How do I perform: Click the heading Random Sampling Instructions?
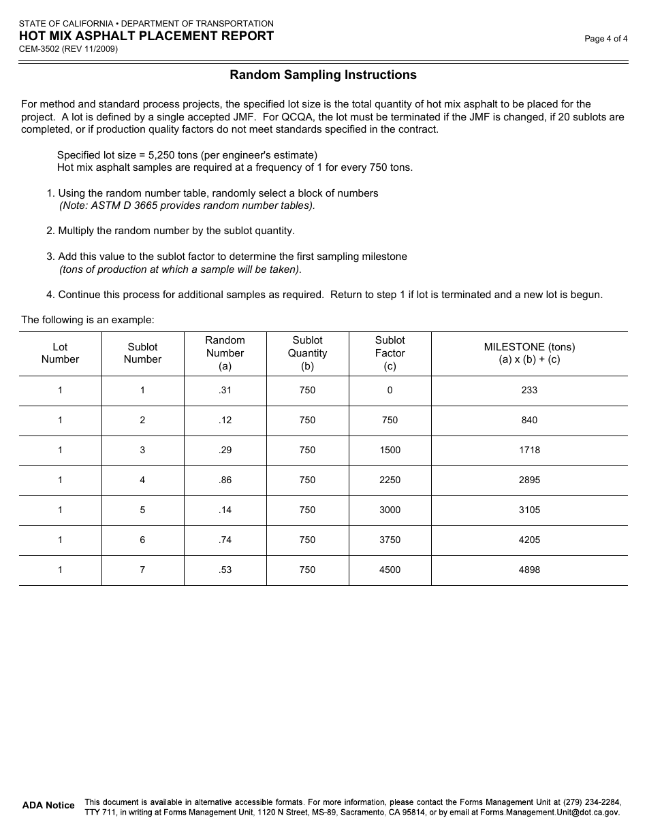coord(323,75)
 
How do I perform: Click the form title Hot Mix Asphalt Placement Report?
coord(146,36)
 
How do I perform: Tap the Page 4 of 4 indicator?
coord(605,39)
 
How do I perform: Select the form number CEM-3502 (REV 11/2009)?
coord(68,49)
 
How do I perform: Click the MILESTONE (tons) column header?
coord(529,353)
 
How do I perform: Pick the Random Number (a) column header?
coord(225,353)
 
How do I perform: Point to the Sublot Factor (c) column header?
coord(390,353)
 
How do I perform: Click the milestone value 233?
coord(529,391)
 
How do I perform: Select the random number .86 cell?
coord(225,480)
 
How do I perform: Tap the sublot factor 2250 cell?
coord(390,480)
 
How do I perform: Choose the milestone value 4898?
coord(529,570)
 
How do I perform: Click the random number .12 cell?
coord(225,421)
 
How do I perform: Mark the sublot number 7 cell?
coord(142,570)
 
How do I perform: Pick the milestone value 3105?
coord(529,510)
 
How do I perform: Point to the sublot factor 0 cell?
coord(390,391)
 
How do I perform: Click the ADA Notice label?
coord(48,806)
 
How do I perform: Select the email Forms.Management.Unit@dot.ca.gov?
coord(550,813)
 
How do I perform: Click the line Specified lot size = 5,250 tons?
coord(187,155)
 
